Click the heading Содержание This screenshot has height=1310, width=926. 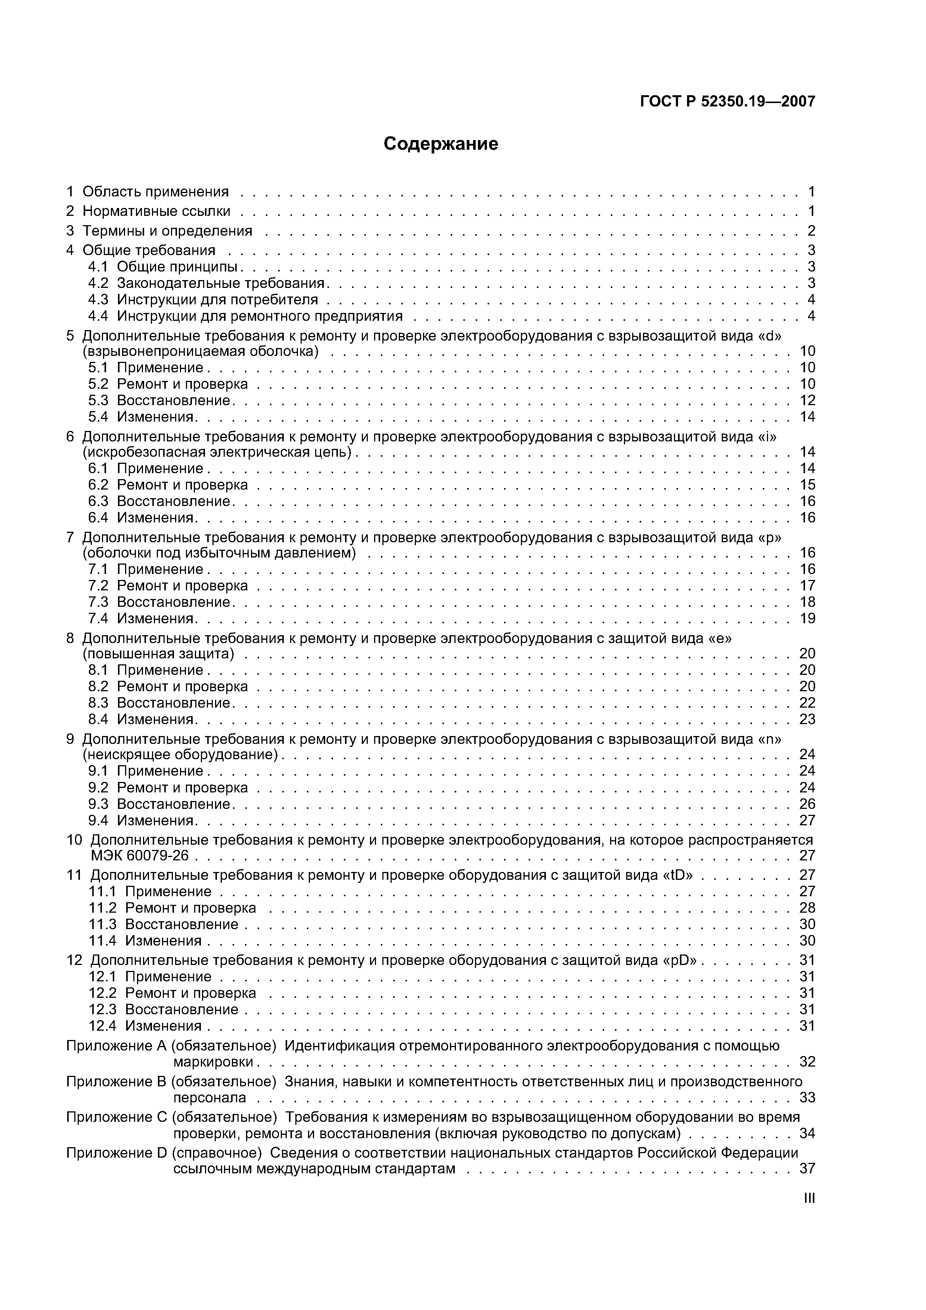tap(441, 144)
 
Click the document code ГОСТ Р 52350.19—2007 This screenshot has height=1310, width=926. tap(727, 102)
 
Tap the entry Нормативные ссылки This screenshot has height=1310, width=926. tap(156, 211)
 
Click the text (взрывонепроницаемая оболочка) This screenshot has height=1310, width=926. tap(200, 351)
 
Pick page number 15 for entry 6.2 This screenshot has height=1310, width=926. tap(807, 485)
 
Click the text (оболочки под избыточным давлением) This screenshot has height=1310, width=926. tap(220, 553)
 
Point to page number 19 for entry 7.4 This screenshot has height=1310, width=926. tap(807, 618)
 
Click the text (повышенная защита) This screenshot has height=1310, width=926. tap(159, 653)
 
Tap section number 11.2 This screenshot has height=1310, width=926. tap(103, 908)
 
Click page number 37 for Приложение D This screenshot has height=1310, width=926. tap(807, 1168)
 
